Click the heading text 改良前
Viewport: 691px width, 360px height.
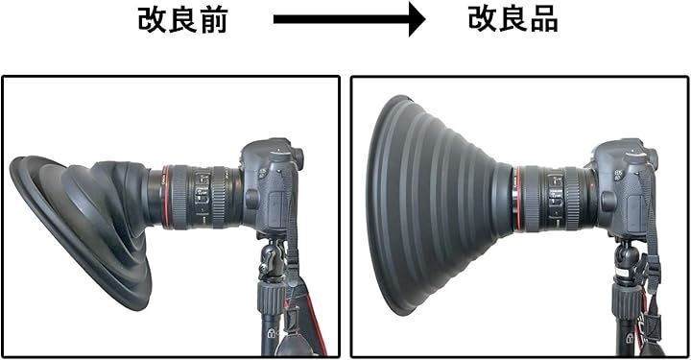tap(182, 20)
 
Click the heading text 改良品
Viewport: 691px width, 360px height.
tap(512, 19)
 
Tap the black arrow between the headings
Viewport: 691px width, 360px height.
tap(349, 19)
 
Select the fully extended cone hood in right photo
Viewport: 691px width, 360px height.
tap(437, 204)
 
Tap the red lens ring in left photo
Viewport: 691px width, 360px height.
tap(166, 196)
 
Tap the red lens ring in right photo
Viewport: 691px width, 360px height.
tap(518, 199)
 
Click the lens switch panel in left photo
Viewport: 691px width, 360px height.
tap(202, 194)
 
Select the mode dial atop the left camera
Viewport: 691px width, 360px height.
tap(278, 155)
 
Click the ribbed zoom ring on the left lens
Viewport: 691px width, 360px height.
tap(179, 196)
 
